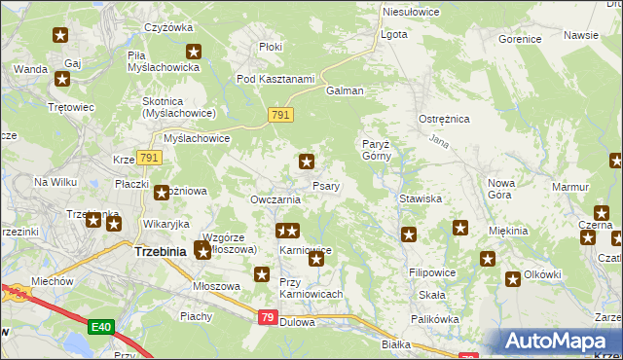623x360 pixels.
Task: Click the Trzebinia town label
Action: [160, 252]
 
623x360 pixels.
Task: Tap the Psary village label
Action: [325, 186]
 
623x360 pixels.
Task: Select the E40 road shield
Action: [100, 327]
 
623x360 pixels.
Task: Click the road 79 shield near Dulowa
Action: [269, 317]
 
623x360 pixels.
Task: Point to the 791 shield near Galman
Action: [281, 116]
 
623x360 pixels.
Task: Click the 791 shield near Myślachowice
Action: [149, 158]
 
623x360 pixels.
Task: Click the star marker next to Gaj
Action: [65, 80]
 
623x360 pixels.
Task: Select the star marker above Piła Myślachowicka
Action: [194, 53]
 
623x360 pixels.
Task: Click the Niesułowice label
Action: [411, 12]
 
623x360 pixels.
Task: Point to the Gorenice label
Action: [519, 40]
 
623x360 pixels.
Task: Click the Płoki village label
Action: [270, 47]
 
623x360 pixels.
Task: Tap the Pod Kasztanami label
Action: [275, 79]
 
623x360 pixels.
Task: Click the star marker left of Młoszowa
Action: [262, 275]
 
